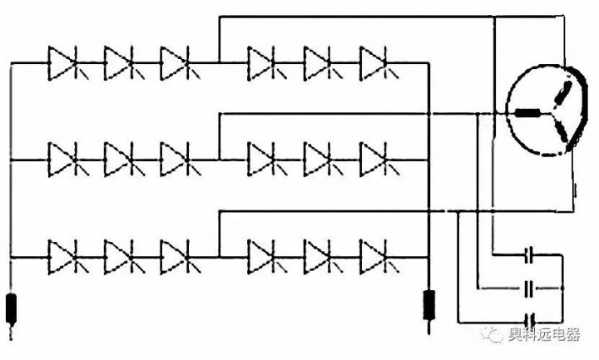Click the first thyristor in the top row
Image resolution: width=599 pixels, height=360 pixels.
[63, 61]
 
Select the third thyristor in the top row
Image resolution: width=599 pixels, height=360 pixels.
[175, 61]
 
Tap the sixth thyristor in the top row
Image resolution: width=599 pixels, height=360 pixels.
[374, 61]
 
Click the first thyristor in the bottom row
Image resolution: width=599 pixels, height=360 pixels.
[63, 255]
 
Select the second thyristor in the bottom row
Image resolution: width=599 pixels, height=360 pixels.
[119, 255]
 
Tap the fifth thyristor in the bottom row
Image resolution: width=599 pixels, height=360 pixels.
[319, 255]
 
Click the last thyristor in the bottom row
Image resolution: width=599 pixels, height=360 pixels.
[374, 255]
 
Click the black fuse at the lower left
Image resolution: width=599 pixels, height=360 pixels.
[12, 308]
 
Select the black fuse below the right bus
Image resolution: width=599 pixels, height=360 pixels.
[429, 304]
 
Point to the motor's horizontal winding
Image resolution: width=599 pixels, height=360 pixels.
[527, 114]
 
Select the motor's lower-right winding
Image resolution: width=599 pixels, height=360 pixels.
[562, 131]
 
